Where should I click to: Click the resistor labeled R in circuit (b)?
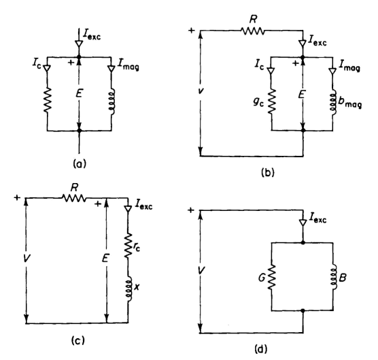[x=253, y=31]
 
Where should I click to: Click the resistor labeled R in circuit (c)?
[x=74, y=198]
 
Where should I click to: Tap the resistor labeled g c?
[x=272, y=101]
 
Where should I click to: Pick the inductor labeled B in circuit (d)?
[x=334, y=276]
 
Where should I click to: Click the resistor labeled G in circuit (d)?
[x=272, y=276]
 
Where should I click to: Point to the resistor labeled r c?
[x=128, y=246]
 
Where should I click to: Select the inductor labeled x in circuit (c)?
[x=128, y=289]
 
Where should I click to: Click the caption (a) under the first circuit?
[x=79, y=164]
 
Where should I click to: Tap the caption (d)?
[x=261, y=349]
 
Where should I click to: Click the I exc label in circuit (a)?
[x=91, y=35]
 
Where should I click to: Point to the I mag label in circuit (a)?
[x=128, y=65]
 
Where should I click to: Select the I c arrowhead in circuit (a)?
[x=47, y=68]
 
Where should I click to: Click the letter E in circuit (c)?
[x=105, y=259]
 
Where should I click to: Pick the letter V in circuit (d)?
[x=201, y=270]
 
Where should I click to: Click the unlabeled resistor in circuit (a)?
[x=48, y=100]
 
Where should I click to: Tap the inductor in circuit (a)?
[x=112, y=101]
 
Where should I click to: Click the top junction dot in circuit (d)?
[x=303, y=242]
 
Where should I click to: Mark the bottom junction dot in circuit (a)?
[x=80, y=131]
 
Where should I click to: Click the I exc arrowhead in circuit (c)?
[x=128, y=209]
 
